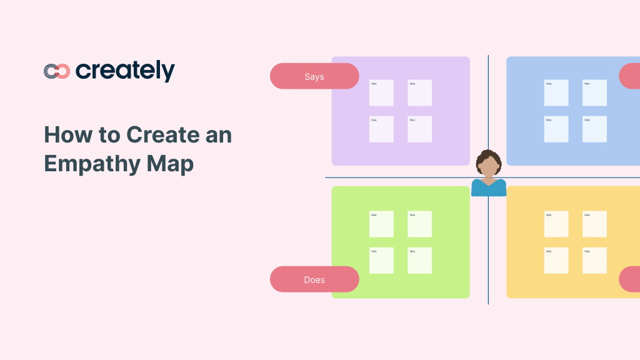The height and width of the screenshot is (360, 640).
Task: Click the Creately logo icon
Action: [56, 71]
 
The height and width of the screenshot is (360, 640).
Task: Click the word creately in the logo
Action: [125, 71]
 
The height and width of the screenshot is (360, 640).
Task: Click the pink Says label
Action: [314, 76]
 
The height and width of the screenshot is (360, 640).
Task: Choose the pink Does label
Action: [314, 279]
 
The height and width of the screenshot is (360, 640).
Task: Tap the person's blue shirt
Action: [489, 188]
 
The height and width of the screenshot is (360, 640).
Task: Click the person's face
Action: [488, 167]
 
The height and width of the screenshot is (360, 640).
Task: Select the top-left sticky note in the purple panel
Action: [381, 92]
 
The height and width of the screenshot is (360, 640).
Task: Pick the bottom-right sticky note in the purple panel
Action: [420, 129]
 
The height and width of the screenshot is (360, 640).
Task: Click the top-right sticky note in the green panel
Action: [420, 224]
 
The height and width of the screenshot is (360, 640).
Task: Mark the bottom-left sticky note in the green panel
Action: [381, 261]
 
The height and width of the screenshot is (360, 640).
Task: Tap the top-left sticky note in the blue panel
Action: [556, 92]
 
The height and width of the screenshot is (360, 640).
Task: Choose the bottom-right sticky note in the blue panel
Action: [594, 129]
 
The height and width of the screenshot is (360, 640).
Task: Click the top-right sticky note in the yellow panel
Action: [594, 224]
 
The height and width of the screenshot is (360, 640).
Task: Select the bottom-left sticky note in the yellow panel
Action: [556, 261]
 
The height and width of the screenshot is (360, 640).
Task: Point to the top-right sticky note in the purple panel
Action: [420, 92]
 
